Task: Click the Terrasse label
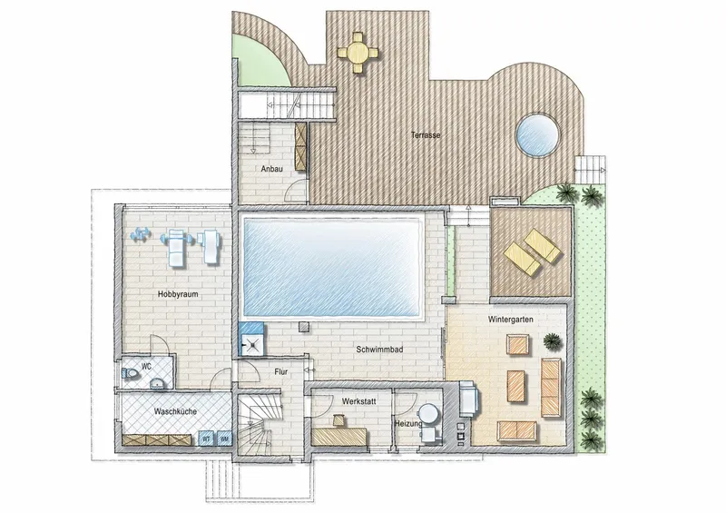click(426, 135)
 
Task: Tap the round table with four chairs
click(358, 53)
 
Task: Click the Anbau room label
click(271, 169)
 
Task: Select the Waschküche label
click(175, 411)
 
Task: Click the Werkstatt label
click(358, 401)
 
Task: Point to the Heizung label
click(407, 423)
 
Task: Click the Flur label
click(280, 371)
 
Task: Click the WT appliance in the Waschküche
click(206, 439)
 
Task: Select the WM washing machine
click(224, 439)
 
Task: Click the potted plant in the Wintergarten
click(553, 342)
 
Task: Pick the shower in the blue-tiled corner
click(252, 345)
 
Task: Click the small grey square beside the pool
click(304, 327)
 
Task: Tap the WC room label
click(146, 367)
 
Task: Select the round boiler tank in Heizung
click(428, 413)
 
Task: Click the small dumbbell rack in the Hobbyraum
click(141, 235)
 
